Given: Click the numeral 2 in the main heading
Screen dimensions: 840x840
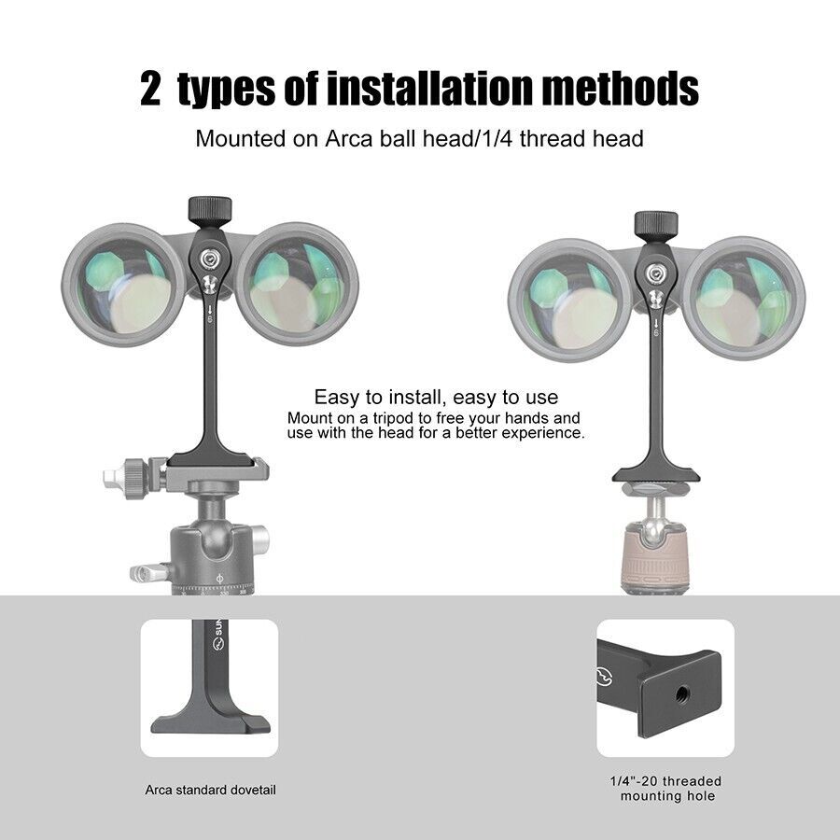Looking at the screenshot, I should coord(151,90).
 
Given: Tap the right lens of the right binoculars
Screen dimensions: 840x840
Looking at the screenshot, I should coord(743,296).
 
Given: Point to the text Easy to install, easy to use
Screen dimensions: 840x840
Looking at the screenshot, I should coord(436,397).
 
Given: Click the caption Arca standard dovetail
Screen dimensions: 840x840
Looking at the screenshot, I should coord(210,790).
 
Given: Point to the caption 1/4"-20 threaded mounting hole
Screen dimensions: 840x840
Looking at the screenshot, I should coord(666,789).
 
